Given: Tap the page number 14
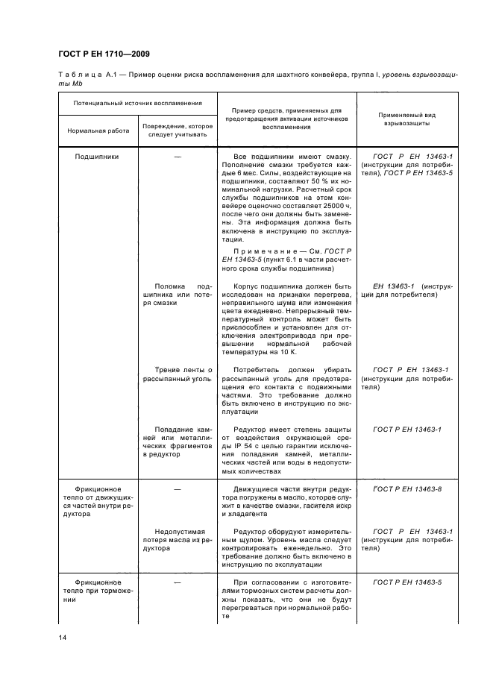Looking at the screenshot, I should click(x=63, y=637).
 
